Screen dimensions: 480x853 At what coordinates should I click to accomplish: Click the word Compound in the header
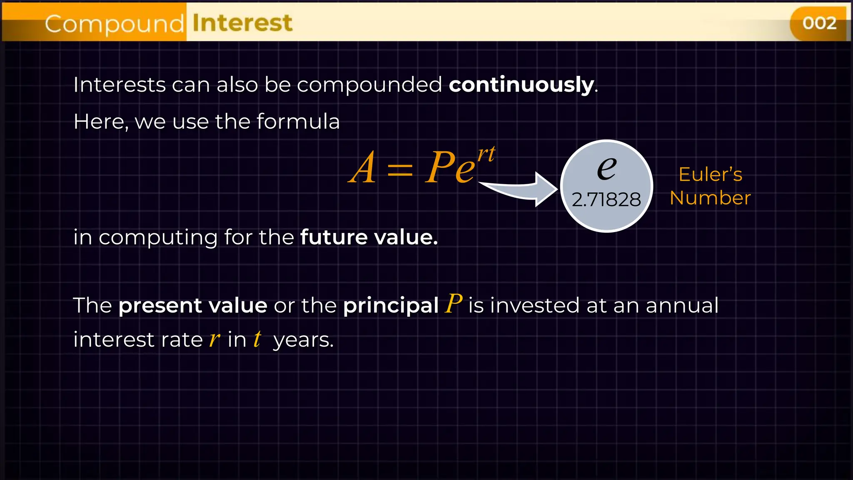(x=114, y=24)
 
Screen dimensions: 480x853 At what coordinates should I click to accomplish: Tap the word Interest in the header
(x=242, y=23)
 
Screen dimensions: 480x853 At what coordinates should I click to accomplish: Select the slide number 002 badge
(x=819, y=23)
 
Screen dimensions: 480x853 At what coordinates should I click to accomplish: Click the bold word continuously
(x=521, y=85)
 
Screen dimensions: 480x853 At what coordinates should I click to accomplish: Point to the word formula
(x=298, y=122)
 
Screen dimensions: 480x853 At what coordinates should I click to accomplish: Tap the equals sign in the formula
(x=400, y=170)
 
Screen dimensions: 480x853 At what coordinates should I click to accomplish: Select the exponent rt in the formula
(x=486, y=154)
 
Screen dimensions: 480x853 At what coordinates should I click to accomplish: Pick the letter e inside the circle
(x=606, y=168)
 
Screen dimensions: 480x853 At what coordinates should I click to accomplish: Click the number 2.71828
(x=606, y=200)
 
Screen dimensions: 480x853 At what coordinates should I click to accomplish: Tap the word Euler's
(x=710, y=174)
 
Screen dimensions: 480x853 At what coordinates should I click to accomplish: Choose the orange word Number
(x=710, y=198)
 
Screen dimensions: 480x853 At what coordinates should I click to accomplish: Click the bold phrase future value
(x=369, y=237)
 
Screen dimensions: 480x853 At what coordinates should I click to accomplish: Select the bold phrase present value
(x=193, y=305)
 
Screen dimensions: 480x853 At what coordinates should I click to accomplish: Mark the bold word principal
(x=391, y=306)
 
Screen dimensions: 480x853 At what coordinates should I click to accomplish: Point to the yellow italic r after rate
(x=214, y=339)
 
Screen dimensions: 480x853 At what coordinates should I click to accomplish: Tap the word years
(x=303, y=340)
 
